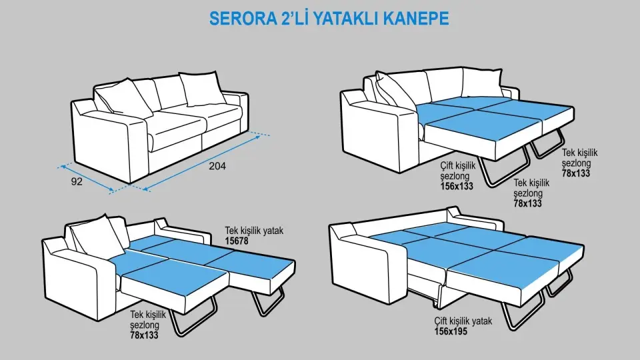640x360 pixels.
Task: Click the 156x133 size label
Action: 457,186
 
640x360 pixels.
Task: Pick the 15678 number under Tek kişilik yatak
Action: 237,241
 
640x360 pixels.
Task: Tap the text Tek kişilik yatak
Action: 254,231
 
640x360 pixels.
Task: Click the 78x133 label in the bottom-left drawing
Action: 144,335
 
